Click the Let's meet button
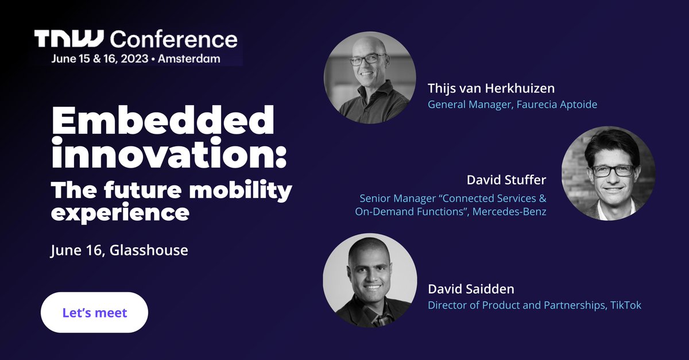(94, 313)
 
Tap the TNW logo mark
(68, 39)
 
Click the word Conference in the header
(173, 39)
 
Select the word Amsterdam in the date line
(188, 59)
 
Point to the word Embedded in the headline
(163, 122)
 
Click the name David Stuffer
(506, 180)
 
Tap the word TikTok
(625, 305)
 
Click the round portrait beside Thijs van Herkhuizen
(370, 78)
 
